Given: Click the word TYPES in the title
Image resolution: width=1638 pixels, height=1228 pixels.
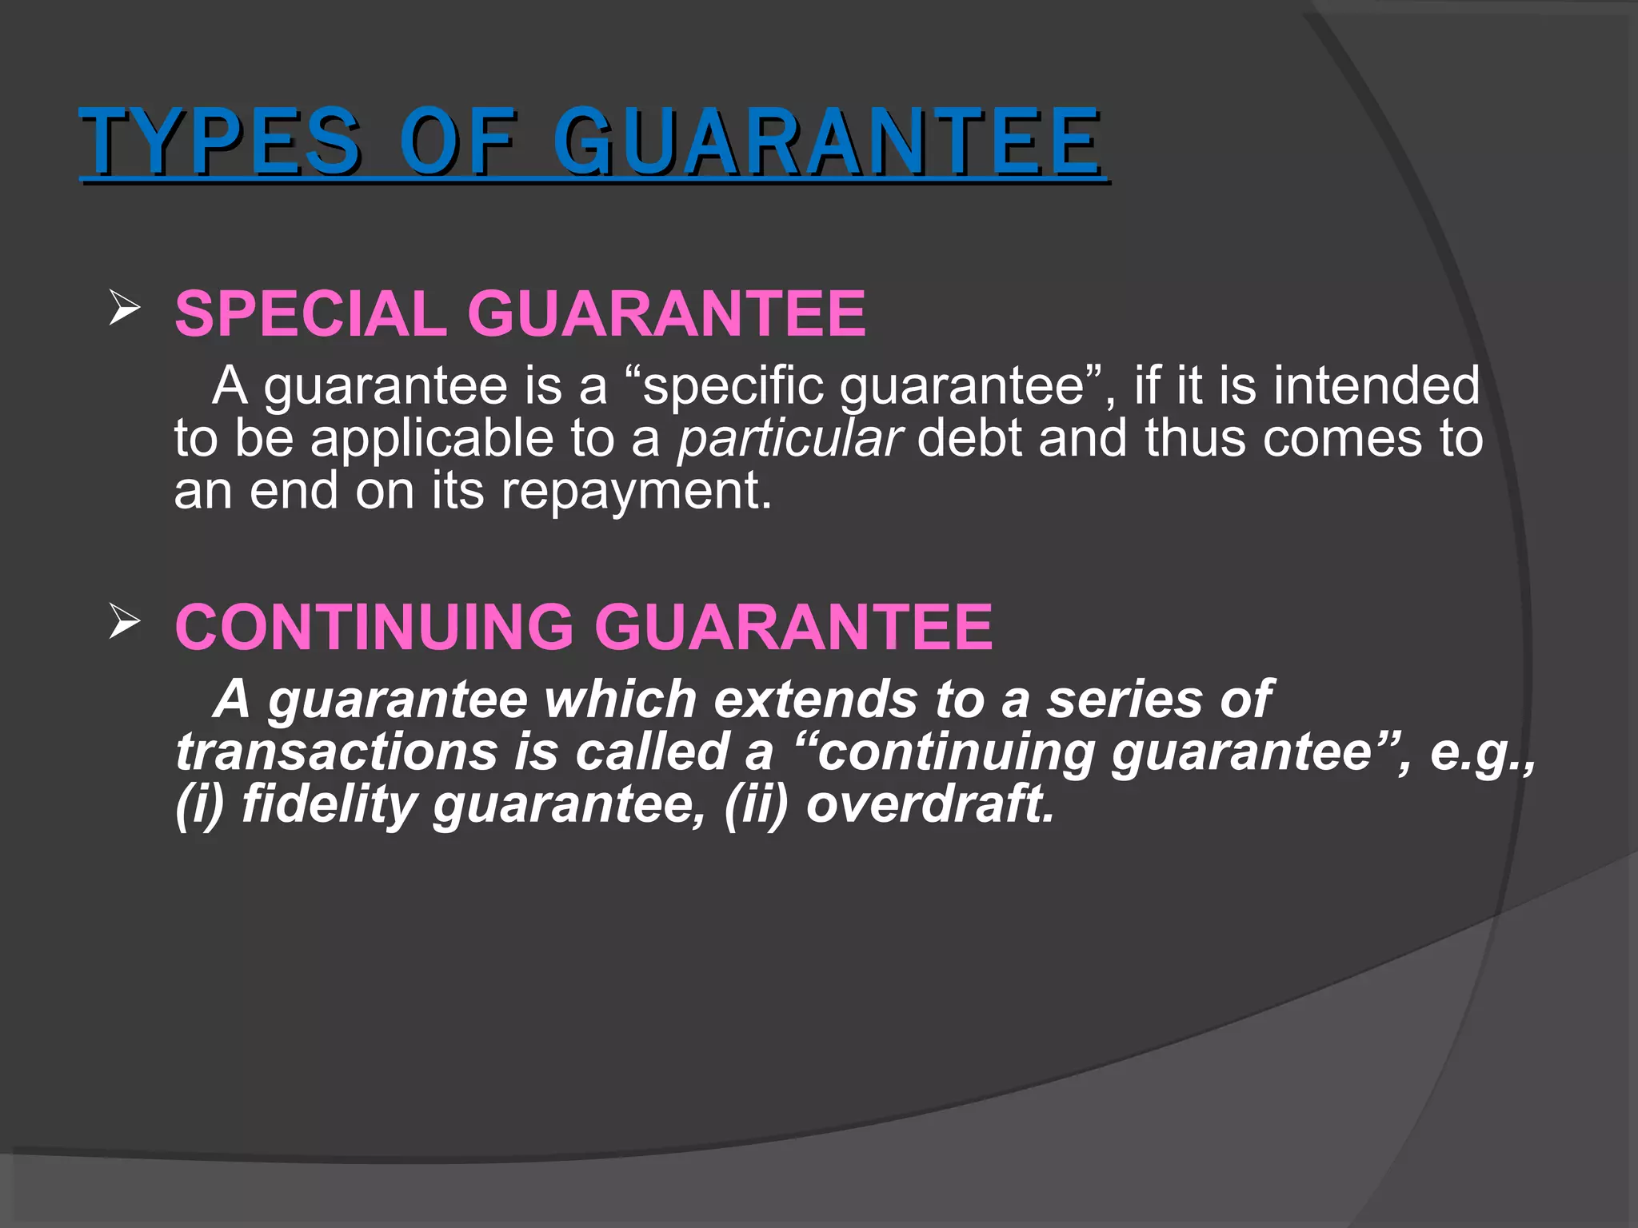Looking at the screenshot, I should [220, 142].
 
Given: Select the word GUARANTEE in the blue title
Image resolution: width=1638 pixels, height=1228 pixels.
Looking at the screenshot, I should [827, 142].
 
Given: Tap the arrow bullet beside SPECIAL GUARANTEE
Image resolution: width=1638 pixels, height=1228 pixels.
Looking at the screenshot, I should [124, 308].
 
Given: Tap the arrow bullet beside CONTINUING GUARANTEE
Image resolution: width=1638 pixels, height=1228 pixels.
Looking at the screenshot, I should [124, 621].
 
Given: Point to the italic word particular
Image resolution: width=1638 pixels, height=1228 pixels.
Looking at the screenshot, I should [790, 438].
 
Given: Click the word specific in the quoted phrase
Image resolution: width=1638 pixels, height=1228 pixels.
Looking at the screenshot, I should [733, 385].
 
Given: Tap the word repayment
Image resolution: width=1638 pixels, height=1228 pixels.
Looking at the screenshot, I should [636, 491].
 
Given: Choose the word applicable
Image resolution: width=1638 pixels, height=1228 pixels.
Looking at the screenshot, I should [432, 438].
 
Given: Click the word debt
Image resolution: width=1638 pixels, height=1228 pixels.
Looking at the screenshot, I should [969, 438].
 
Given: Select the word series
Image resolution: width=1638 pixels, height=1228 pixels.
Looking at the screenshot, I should [1124, 699].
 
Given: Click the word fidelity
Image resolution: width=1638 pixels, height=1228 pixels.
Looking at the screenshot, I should [329, 803].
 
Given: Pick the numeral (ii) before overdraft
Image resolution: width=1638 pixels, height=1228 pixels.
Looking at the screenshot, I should [756, 803].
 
